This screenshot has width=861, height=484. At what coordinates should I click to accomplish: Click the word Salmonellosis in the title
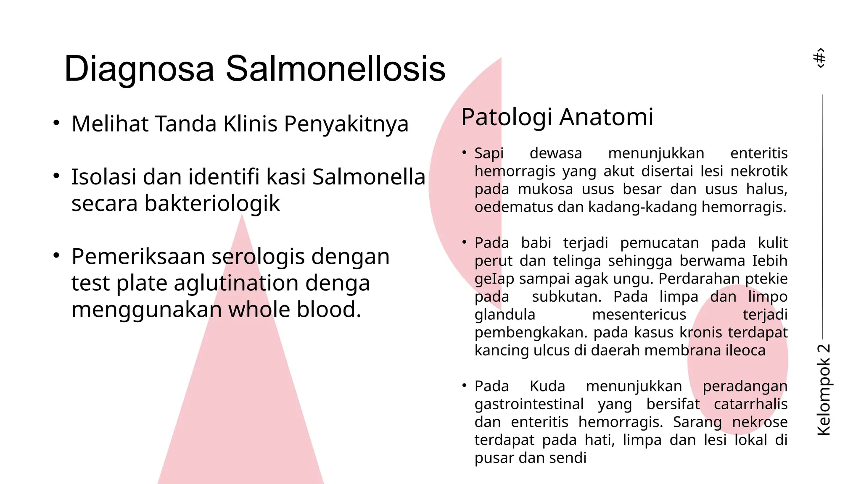point(335,69)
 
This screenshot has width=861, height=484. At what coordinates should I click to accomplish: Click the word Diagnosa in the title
point(139,69)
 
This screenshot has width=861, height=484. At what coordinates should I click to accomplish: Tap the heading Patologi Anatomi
point(557,117)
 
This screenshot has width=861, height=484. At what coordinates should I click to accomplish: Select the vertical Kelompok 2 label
point(824,389)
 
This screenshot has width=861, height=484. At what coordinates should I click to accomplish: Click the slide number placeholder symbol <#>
point(820,58)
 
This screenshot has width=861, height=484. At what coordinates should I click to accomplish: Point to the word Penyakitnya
point(346,124)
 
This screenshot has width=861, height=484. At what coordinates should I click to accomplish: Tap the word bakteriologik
point(212,203)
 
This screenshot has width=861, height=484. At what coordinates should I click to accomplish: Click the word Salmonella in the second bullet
point(369,177)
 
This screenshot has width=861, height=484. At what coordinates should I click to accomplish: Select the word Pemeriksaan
point(138,256)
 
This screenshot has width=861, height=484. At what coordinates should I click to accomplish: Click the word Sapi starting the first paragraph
point(489,153)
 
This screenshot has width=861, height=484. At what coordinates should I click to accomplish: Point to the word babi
point(536,243)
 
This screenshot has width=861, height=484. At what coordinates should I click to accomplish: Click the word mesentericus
point(639,315)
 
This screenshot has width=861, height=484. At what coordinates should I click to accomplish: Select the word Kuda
point(547,386)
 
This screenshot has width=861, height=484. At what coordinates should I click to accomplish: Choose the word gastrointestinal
point(529,404)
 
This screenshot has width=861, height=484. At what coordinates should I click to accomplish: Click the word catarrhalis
point(750,404)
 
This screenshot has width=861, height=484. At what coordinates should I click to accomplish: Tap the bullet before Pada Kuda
point(464,386)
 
